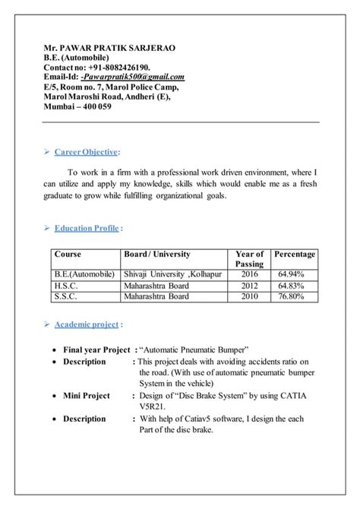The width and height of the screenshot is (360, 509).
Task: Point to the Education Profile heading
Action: (86, 227)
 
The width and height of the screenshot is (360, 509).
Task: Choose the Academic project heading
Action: (86, 324)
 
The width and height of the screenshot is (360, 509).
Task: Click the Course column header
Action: (68, 254)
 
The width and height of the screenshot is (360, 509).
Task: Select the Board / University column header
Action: (158, 254)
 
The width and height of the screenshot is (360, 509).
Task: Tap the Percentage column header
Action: (295, 254)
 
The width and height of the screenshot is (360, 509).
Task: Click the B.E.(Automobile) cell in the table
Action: (84, 273)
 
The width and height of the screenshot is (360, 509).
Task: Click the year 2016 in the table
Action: (249, 273)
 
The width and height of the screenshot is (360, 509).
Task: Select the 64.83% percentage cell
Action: (291, 286)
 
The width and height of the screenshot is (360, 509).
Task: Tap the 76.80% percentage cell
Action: (291, 297)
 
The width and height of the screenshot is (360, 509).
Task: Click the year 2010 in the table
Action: (249, 297)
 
